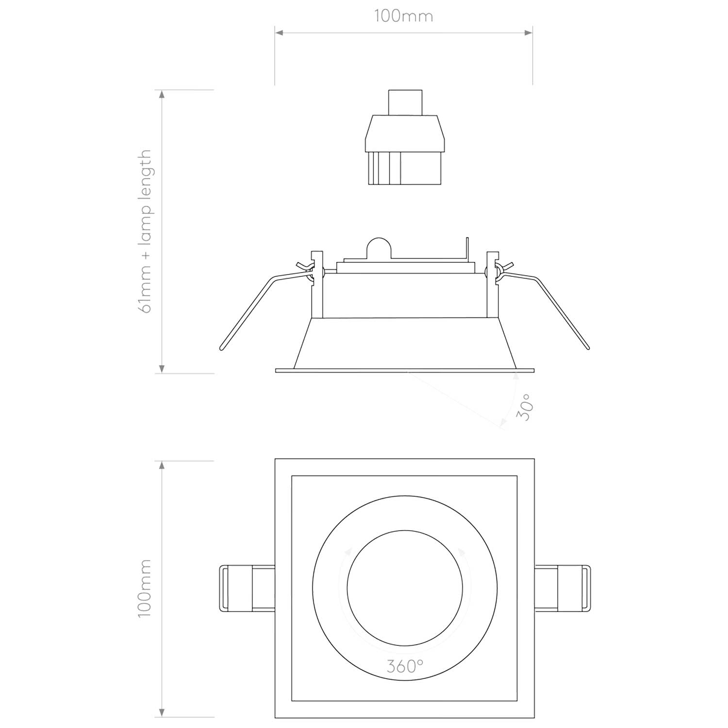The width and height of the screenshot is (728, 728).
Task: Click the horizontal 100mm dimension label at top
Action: [403, 16]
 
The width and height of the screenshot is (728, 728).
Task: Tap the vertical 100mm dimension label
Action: [145, 588]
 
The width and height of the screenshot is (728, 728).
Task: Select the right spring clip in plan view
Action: [562, 588]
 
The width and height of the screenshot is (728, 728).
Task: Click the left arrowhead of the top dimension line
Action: [280, 33]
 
